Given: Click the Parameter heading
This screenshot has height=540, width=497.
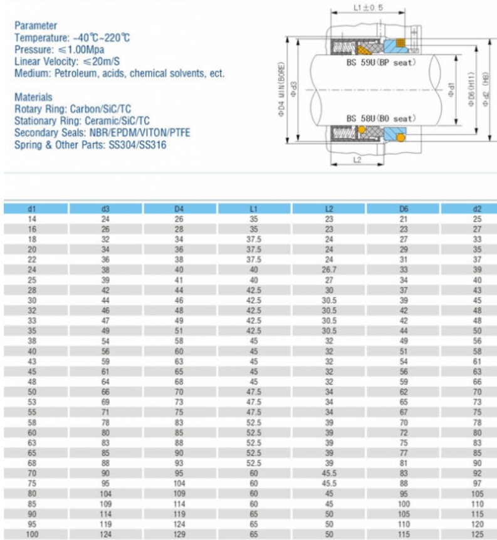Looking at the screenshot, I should pos(36,26).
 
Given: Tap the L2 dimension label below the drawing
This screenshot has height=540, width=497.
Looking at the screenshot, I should pos(356,160).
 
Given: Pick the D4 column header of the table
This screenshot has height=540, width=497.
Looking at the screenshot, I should pos(179,208).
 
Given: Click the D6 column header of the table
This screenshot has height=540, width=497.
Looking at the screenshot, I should pos(403,208).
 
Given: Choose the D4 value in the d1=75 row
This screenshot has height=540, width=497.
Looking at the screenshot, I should pos(179,484).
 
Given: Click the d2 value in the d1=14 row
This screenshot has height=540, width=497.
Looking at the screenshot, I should pos(477,219).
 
